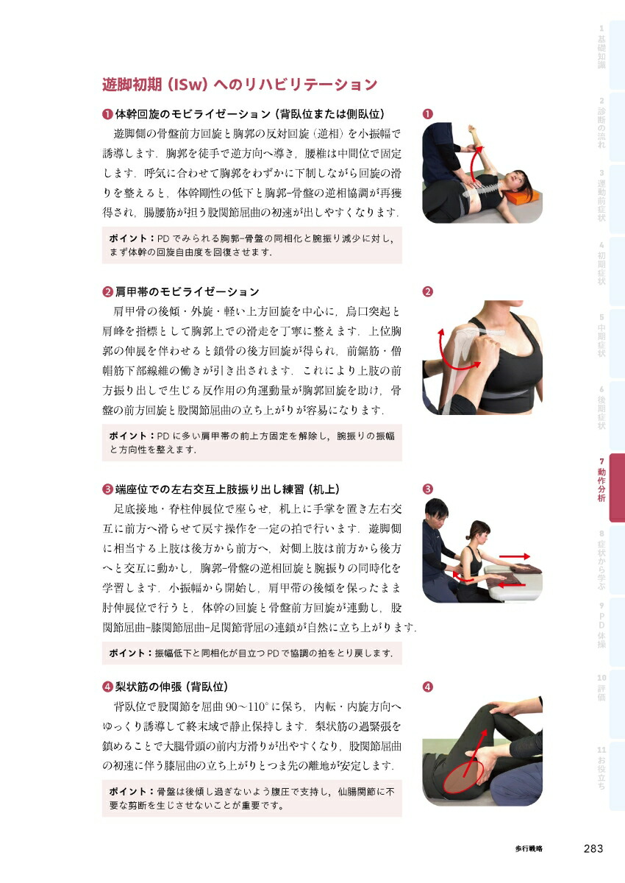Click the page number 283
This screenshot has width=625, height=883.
click(593, 848)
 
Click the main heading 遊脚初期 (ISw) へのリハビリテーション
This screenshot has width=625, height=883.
click(240, 84)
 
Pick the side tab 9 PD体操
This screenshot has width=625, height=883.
click(601, 625)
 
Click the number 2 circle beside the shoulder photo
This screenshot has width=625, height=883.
click(427, 292)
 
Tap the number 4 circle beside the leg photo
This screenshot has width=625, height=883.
click(427, 687)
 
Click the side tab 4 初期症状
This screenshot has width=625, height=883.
click(601, 263)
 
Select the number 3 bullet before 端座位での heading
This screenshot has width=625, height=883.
click(107, 489)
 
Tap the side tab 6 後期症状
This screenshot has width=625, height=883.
click(601, 408)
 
